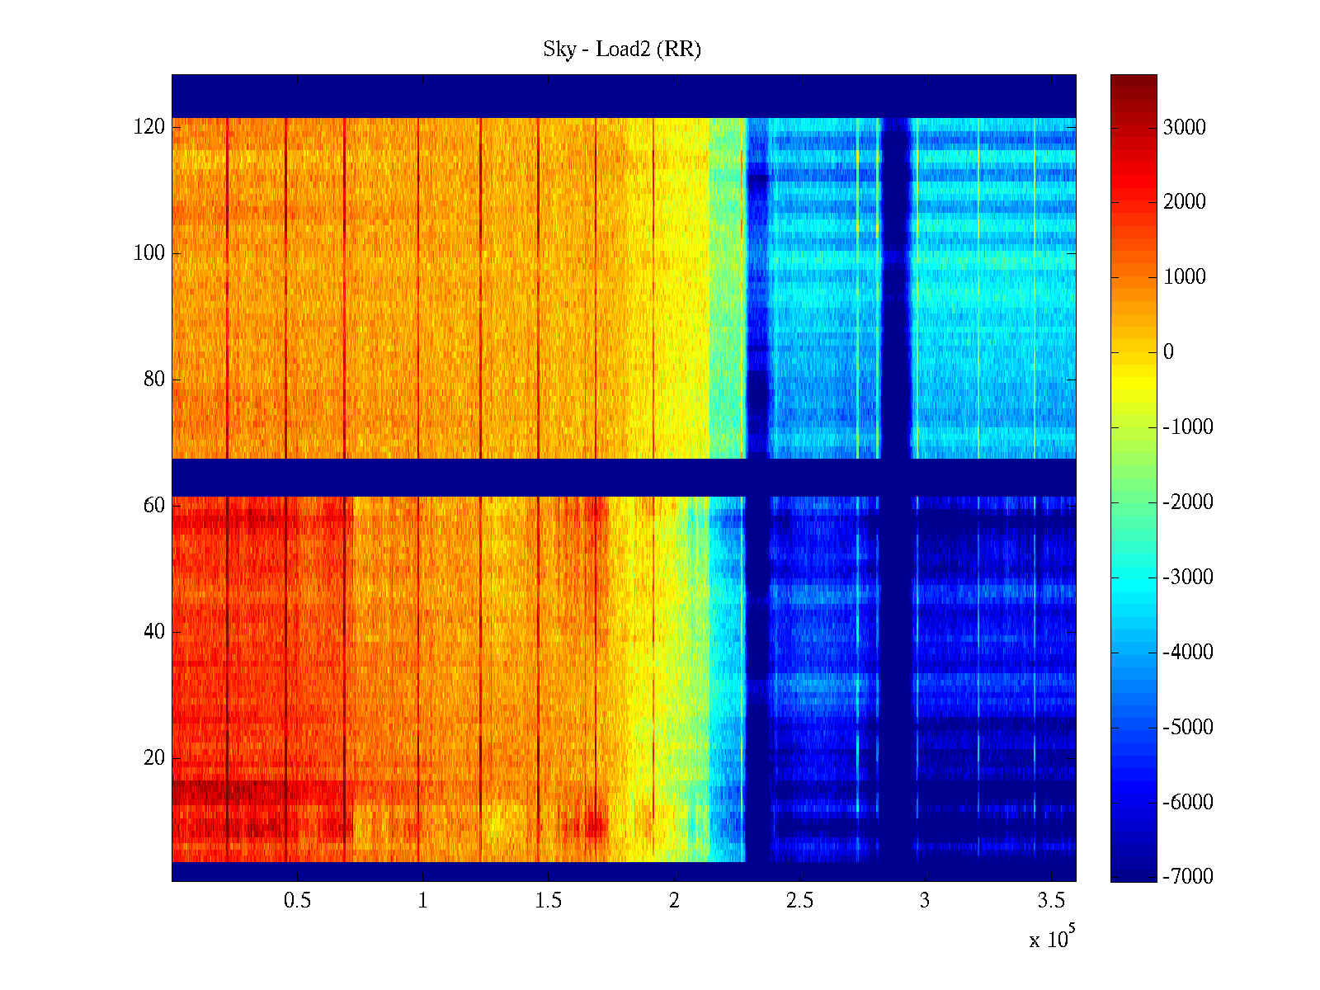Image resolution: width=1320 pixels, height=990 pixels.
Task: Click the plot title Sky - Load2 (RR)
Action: point(622,49)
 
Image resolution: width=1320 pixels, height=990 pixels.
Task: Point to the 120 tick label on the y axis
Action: point(149,127)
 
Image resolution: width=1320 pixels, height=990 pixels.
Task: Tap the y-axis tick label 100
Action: point(149,253)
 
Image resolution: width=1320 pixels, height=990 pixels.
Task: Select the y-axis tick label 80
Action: point(154,379)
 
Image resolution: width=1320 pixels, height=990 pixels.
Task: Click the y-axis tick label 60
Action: point(154,506)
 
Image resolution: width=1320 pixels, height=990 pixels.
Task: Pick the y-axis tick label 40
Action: point(154,632)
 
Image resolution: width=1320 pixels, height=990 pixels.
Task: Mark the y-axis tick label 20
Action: point(154,758)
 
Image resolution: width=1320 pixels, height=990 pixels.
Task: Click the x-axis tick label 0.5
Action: point(297,901)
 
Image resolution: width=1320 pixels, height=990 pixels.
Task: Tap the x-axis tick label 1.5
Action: point(549,901)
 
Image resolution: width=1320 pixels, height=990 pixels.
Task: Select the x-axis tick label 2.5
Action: point(799,901)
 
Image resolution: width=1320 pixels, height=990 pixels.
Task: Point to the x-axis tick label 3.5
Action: point(1051,901)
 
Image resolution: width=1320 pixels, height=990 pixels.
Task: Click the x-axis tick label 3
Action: point(925,901)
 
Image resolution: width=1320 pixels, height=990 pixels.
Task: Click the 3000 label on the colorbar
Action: point(1185,127)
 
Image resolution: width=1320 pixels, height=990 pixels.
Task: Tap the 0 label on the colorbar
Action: point(1168,352)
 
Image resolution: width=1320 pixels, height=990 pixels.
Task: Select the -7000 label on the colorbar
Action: point(1188,877)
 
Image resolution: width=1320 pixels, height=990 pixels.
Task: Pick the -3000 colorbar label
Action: point(1188,577)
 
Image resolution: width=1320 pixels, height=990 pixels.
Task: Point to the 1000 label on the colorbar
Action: point(1185,277)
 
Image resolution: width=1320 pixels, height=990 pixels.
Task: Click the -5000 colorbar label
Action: point(1188,728)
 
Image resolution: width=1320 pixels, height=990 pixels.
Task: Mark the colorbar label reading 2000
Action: point(1185,202)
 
